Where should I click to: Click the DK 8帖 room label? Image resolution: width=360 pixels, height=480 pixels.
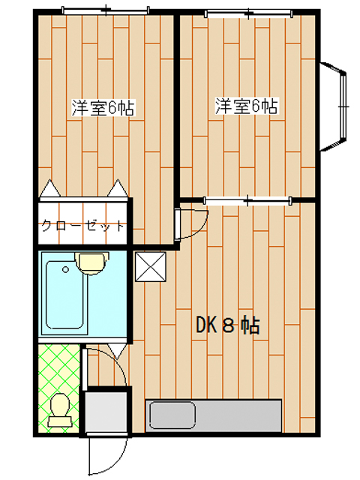click(228, 325)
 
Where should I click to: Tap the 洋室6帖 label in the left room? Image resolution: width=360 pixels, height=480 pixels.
click(103, 107)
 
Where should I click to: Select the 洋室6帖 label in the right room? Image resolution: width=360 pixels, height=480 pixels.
click(247, 106)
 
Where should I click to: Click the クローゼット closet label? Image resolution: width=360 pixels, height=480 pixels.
click(83, 226)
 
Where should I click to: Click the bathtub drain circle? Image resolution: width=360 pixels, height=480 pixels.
click(65, 270)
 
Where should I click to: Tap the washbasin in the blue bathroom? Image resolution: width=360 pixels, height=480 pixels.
click(92, 263)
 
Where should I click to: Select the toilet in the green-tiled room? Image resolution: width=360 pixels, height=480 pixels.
click(60, 410)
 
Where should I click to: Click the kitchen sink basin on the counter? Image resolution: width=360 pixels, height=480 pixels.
click(172, 415)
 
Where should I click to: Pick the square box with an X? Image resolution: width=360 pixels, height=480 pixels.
click(151, 267)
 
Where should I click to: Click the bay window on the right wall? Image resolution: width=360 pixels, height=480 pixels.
click(333, 106)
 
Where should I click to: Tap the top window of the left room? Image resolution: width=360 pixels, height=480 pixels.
click(106, 10)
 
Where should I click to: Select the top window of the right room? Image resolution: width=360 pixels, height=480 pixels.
click(248, 13)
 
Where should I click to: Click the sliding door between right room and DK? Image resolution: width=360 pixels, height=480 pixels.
click(247, 201)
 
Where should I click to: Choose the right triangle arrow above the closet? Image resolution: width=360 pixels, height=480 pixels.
click(118, 187)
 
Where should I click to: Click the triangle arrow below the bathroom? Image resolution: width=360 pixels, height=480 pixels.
click(118, 351)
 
